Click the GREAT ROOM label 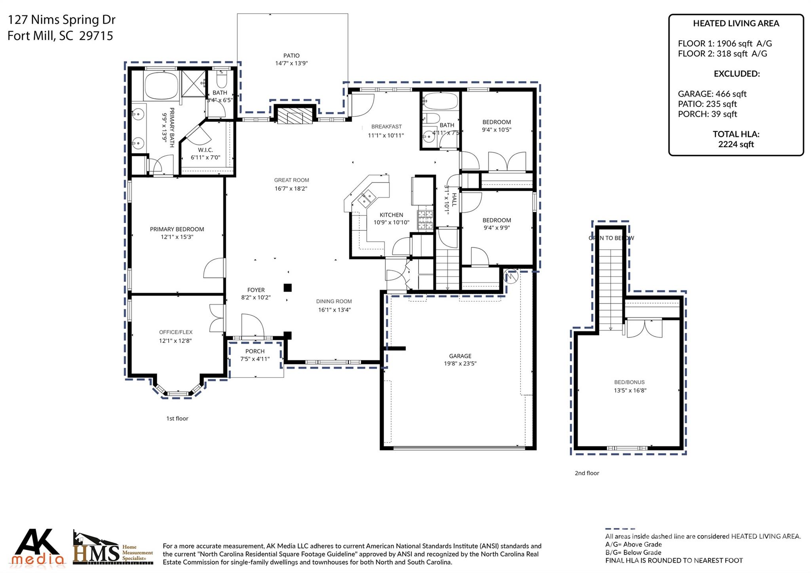pos(291,180)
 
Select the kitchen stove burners pos(425,220)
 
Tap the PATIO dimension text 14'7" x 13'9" pos(291,63)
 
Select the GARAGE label pos(460,356)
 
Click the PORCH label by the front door pos(255,351)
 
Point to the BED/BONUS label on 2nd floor pos(629,382)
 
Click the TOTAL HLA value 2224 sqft pos(736,145)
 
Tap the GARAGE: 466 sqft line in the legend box pos(712,94)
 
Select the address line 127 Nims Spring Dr pos(62,19)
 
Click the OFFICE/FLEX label pos(175,332)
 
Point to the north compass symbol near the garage pos(510,276)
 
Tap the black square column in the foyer pos(288,287)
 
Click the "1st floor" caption pos(177,419)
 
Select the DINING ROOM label pos(334,301)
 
